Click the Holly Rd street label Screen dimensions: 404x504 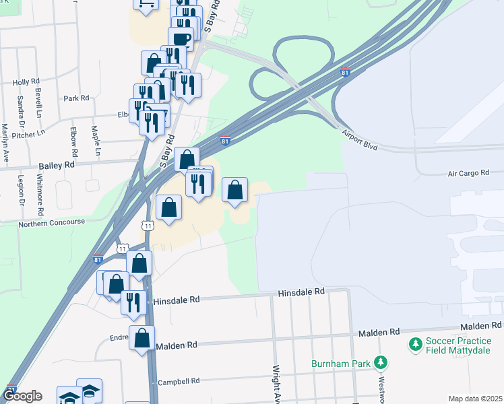[x=26, y=82]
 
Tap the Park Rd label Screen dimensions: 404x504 [x=76, y=98]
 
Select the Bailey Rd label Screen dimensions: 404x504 [x=57, y=165]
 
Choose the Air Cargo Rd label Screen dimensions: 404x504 [x=468, y=174]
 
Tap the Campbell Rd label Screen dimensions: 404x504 [x=179, y=382]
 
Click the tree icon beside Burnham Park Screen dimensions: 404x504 [x=381, y=364]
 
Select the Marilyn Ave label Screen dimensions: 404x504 [x=5, y=143]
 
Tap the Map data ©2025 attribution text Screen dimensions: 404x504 [x=474, y=399]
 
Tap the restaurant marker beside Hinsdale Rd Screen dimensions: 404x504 [x=133, y=302]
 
